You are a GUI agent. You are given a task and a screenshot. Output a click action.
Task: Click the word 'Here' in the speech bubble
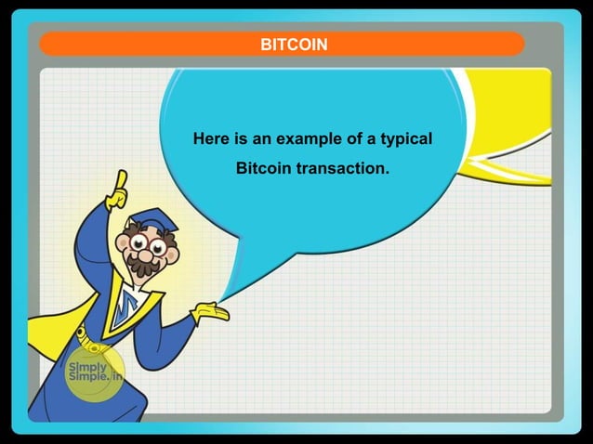[211, 139]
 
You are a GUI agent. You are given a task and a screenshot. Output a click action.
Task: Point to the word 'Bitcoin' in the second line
[263, 169]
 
